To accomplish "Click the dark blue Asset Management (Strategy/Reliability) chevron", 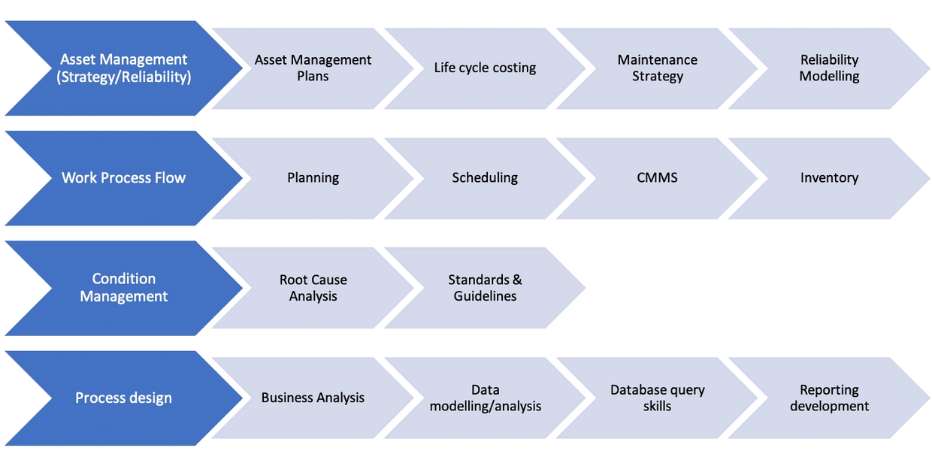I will [124, 68].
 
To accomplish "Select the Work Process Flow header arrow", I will [124, 178].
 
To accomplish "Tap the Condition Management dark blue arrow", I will [124, 288].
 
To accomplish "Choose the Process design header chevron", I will [124, 398].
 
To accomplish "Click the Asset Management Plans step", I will [313, 68].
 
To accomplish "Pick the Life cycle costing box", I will [485, 68].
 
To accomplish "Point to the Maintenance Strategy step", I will [657, 68].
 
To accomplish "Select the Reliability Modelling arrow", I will [829, 68].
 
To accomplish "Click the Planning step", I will [313, 178].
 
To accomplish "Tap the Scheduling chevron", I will [485, 178].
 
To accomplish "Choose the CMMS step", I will [657, 178].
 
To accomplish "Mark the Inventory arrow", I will [829, 178].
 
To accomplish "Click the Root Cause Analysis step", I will [313, 288].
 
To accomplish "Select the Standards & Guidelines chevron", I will [485, 288].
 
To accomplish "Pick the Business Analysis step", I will [313, 398].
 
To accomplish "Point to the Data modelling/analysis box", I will [485, 398].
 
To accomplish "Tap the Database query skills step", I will [657, 398].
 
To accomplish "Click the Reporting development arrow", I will [829, 398].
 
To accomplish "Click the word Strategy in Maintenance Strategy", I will [658, 77].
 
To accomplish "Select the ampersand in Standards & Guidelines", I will [516, 280].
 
